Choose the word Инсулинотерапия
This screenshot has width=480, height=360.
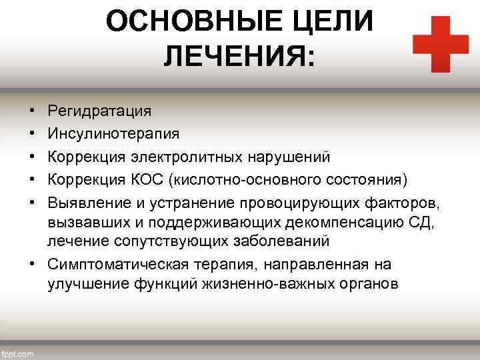click(113, 134)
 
